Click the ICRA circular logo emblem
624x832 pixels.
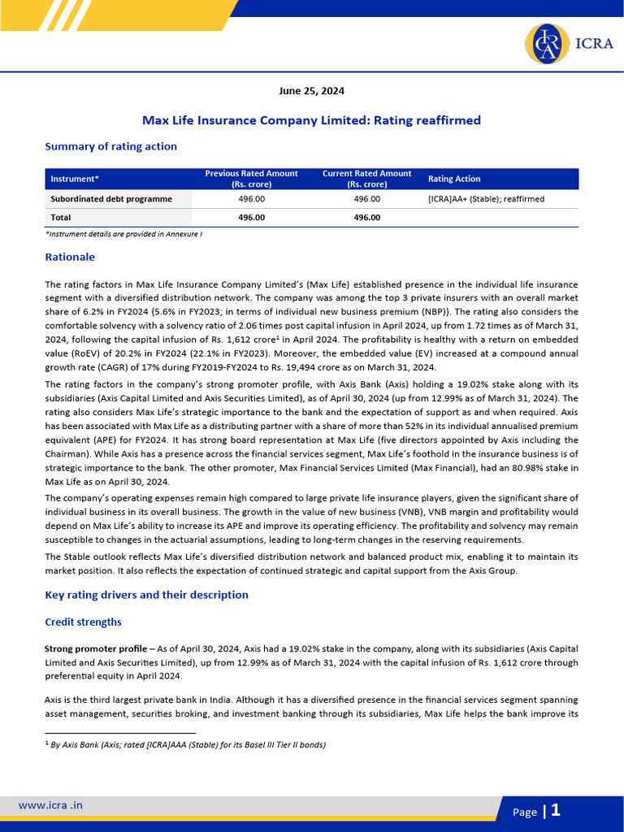(547, 45)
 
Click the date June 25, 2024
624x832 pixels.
(311, 91)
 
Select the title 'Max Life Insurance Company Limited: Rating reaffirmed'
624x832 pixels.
(311, 120)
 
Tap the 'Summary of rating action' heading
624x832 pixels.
(110, 146)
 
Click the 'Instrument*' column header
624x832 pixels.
(75, 179)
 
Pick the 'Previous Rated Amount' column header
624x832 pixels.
(251, 179)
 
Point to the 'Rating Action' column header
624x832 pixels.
(454, 179)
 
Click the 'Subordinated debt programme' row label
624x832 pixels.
(111, 199)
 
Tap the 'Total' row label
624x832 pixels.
(61, 218)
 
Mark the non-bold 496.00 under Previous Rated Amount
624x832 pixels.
(251, 199)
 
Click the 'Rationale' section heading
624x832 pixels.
(70, 257)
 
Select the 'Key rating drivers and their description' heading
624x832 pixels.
(146, 595)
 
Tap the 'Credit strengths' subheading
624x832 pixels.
(83, 622)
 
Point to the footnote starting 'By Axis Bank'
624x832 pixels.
(188, 744)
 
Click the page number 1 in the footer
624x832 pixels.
(556, 810)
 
